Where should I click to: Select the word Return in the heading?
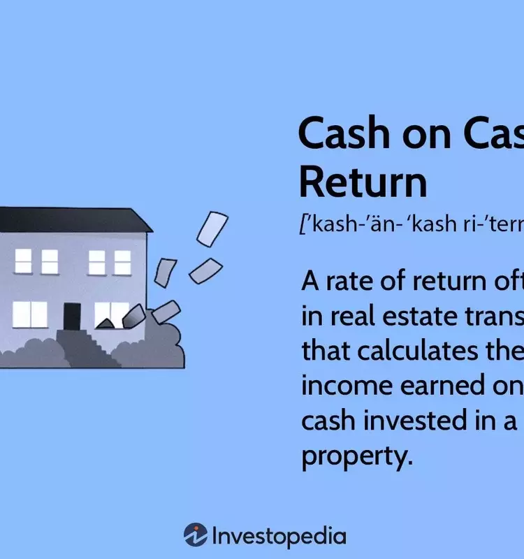(363, 182)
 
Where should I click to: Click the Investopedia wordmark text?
(278, 536)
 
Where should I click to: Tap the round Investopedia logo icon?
(195, 535)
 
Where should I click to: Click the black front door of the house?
(72, 317)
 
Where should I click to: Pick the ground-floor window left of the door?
(29, 314)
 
